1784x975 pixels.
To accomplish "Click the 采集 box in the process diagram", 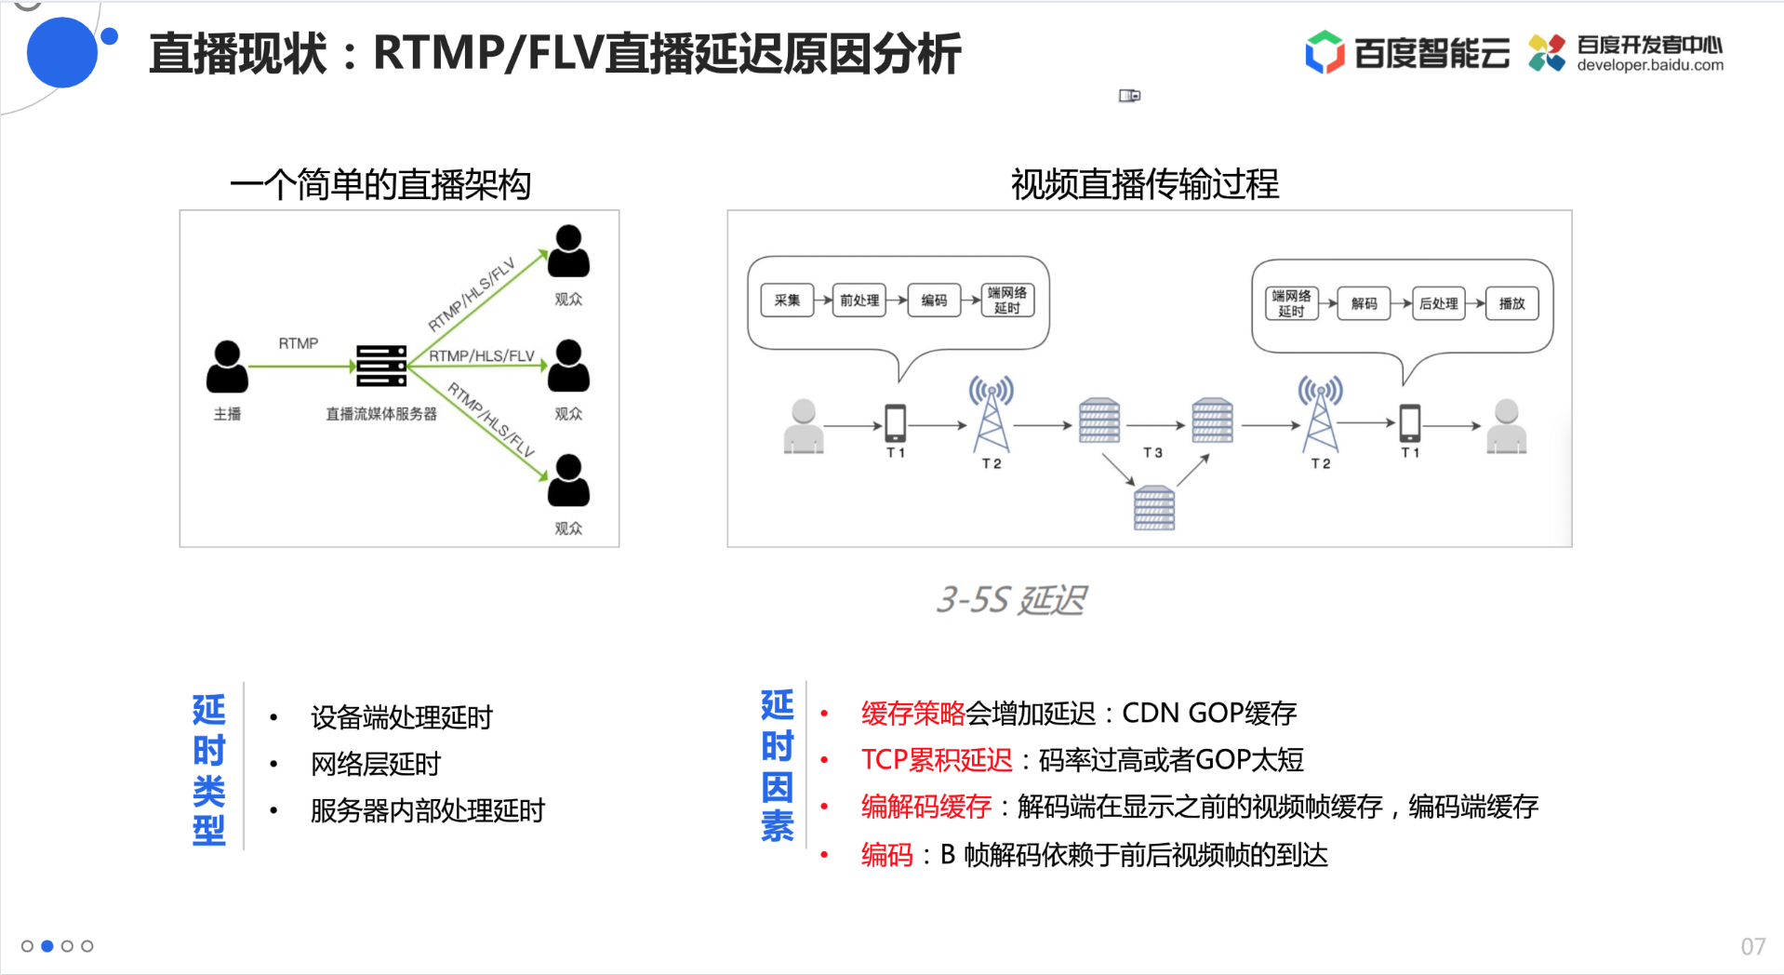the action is tap(787, 301).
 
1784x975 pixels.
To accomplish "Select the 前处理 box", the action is tap(859, 301).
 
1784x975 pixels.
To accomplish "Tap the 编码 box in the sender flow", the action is tap(934, 301).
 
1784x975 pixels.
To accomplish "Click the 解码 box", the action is tap(1364, 303).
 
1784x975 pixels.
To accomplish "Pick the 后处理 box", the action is tap(1438, 303).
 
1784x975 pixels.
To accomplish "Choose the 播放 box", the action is tap(1511, 303).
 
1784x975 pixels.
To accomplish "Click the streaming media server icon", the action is tap(381, 366).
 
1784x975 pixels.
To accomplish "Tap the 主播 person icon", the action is tap(227, 367).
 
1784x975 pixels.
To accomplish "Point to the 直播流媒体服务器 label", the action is tap(381, 414).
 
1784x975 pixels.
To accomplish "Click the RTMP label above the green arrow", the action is tap(299, 343).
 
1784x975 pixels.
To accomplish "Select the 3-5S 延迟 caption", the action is tap(1011, 600).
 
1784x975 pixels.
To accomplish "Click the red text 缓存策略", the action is tap(913, 714).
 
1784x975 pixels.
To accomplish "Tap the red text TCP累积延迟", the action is tap(937, 760).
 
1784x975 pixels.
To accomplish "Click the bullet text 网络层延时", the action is tap(376, 764).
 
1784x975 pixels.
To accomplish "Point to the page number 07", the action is tap(1753, 946).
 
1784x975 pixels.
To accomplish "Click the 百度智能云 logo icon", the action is tap(1325, 52).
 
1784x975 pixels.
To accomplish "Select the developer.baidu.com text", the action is tap(1650, 65).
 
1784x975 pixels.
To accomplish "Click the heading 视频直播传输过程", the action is tap(1145, 184).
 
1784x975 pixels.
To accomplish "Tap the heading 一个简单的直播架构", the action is tap(380, 184).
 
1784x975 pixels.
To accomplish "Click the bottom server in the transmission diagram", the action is tap(1154, 508).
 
